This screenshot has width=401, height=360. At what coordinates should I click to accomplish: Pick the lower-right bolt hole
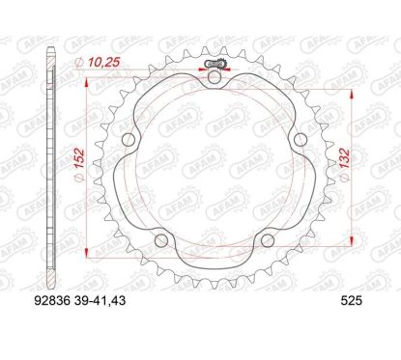pos(267,239)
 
